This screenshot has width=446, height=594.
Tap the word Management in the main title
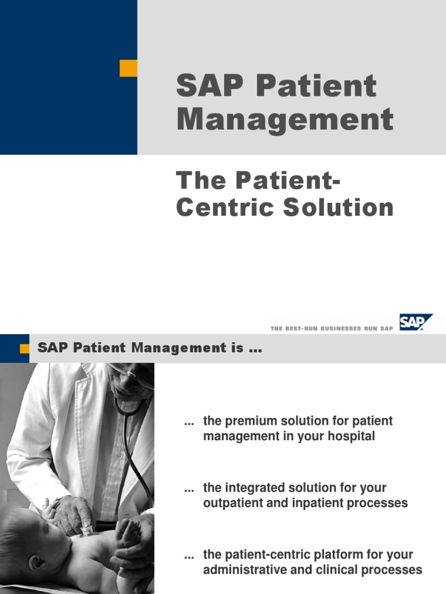pyautogui.click(x=285, y=119)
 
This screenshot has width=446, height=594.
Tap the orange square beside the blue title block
pyautogui.click(x=128, y=68)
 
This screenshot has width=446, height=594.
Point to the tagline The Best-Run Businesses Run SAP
pyautogui.click(x=332, y=328)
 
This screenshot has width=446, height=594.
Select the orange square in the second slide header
pyautogui.click(x=24, y=349)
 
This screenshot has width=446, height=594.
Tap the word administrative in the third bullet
pyautogui.click(x=241, y=570)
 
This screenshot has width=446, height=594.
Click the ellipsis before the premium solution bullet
pyautogui.click(x=189, y=421)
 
